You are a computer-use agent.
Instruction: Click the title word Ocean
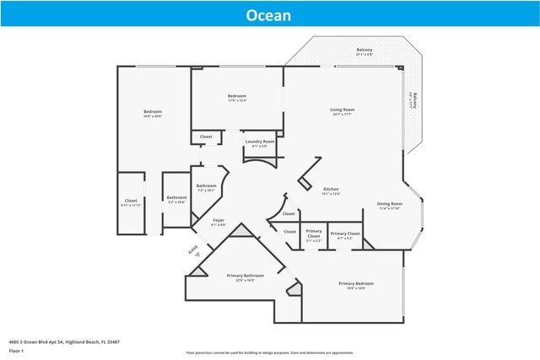click(x=269, y=15)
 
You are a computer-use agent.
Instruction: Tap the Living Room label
click(x=342, y=110)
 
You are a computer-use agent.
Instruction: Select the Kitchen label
click(x=332, y=190)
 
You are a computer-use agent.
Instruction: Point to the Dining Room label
click(x=389, y=203)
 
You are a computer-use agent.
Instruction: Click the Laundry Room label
click(x=260, y=142)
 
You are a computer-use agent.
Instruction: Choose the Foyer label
click(x=218, y=221)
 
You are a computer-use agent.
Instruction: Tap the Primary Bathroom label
click(x=246, y=276)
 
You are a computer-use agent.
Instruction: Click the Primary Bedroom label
click(x=356, y=283)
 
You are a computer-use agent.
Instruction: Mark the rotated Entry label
click(x=191, y=250)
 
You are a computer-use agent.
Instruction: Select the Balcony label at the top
click(x=364, y=50)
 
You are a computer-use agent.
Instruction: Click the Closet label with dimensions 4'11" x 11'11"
click(x=131, y=201)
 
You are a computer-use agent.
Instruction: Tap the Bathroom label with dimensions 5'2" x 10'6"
click(x=176, y=198)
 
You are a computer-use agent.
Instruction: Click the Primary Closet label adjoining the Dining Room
click(x=345, y=234)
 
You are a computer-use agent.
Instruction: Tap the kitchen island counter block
click(x=307, y=169)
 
